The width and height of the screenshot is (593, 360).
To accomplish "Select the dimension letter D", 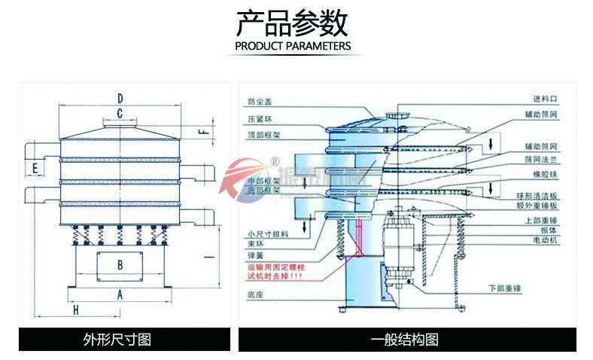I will (120, 97).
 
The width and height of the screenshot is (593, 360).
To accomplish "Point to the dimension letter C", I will (119, 114).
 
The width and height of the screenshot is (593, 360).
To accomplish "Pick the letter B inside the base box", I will (120, 264).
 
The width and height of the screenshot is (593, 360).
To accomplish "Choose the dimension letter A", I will (120, 294).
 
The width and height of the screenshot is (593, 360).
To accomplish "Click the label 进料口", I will (545, 99).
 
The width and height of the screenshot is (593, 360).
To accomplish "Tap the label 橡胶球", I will (546, 174).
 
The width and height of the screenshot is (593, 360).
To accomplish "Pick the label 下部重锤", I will (505, 288).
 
